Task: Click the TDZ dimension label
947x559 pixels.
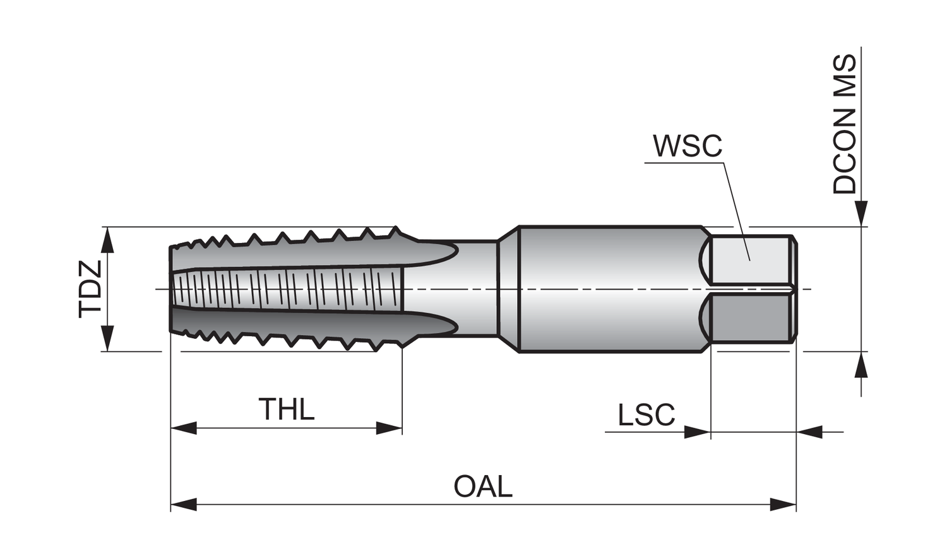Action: pos(90,289)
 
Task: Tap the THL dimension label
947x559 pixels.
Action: pos(287,409)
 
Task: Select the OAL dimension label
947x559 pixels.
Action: pos(483,486)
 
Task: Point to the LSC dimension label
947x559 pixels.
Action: pos(646,415)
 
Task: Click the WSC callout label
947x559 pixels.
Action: pos(688,146)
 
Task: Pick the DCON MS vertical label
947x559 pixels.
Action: pos(844,124)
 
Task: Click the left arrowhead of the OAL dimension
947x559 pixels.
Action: pos(184,505)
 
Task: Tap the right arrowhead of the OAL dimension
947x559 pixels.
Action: pos(783,505)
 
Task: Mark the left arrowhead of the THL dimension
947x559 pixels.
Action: pos(184,428)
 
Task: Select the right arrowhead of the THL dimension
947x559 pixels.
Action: pos(389,428)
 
